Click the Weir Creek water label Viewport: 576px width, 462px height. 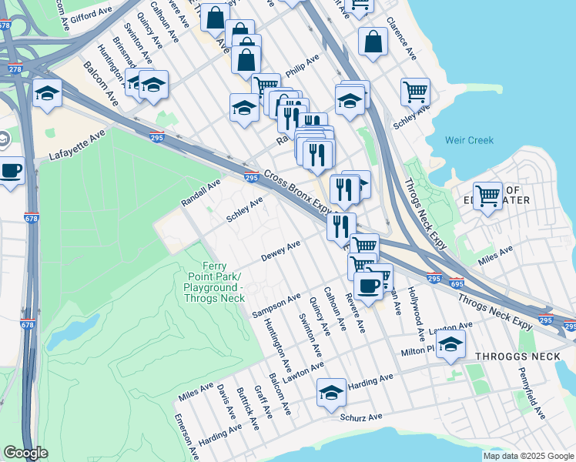pos(469,140)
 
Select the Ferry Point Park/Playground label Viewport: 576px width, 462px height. pos(213,282)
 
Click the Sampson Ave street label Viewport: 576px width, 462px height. pos(276,305)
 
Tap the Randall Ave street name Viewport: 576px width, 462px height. pos(201,192)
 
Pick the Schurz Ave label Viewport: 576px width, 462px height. pos(361,417)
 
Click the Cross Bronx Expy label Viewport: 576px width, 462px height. pos(299,192)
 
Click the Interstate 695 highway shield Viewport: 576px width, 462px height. pos(457,283)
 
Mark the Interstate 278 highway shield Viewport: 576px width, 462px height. pos(15,69)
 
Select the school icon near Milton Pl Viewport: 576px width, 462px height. pos(451,343)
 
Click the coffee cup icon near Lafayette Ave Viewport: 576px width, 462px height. pos(10,170)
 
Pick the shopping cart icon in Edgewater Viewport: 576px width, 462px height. pos(487,196)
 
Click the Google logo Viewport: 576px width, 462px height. pos(25,453)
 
